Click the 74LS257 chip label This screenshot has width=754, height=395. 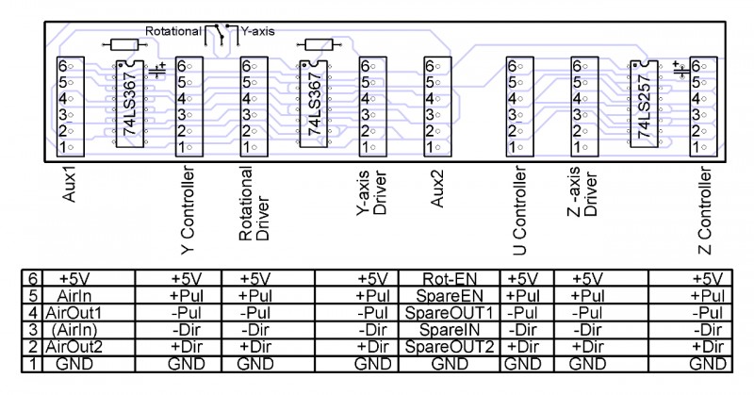click(646, 105)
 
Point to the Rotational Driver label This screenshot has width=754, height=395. click(254, 205)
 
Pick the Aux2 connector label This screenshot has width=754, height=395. click(434, 191)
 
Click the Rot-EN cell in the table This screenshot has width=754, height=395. click(449, 279)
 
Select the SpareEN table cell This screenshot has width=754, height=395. click(449, 296)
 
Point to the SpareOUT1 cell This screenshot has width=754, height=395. click(449, 313)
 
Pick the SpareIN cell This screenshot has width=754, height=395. click(449, 330)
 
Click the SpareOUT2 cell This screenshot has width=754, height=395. click(449, 347)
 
